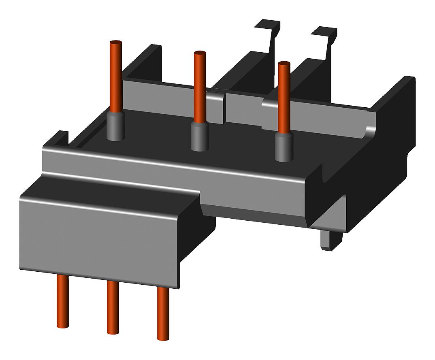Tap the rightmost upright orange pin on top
point(284,97)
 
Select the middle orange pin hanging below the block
point(113,307)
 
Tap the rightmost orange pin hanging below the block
point(163,313)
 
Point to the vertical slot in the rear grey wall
point(224,107)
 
